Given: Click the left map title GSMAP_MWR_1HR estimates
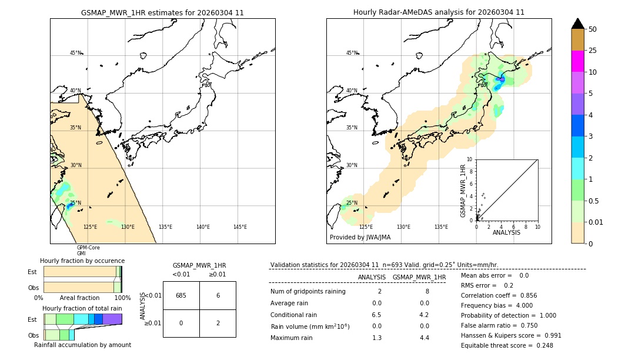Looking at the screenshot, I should click(x=162, y=12).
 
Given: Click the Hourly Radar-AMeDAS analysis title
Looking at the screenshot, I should click(x=439, y=12).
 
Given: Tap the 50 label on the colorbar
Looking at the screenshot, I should click(x=593, y=29).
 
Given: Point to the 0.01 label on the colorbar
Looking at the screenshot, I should click(x=597, y=222).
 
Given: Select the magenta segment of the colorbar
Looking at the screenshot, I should click(x=577, y=61).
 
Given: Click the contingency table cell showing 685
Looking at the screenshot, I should click(x=181, y=295).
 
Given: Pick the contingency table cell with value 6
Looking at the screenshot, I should click(x=218, y=295).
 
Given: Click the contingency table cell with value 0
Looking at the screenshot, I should click(x=181, y=323).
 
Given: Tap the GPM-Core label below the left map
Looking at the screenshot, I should click(x=88, y=248).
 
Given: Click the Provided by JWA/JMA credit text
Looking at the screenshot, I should click(x=360, y=237).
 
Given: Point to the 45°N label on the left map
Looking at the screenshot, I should click(x=76, y=53).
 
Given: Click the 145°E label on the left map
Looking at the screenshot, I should click(x=240, y=227).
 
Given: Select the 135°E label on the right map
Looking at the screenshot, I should click(x=441, y=227).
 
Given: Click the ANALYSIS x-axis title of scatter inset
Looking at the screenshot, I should click(x=506, y=232).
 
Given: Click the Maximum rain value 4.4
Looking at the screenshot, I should click(x=424, y=338).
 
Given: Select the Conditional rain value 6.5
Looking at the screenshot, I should click(x=376, y=315).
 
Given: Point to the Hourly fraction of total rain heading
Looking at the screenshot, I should click(x=82, y=308).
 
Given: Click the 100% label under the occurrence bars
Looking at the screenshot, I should click(x=122, y=298).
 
